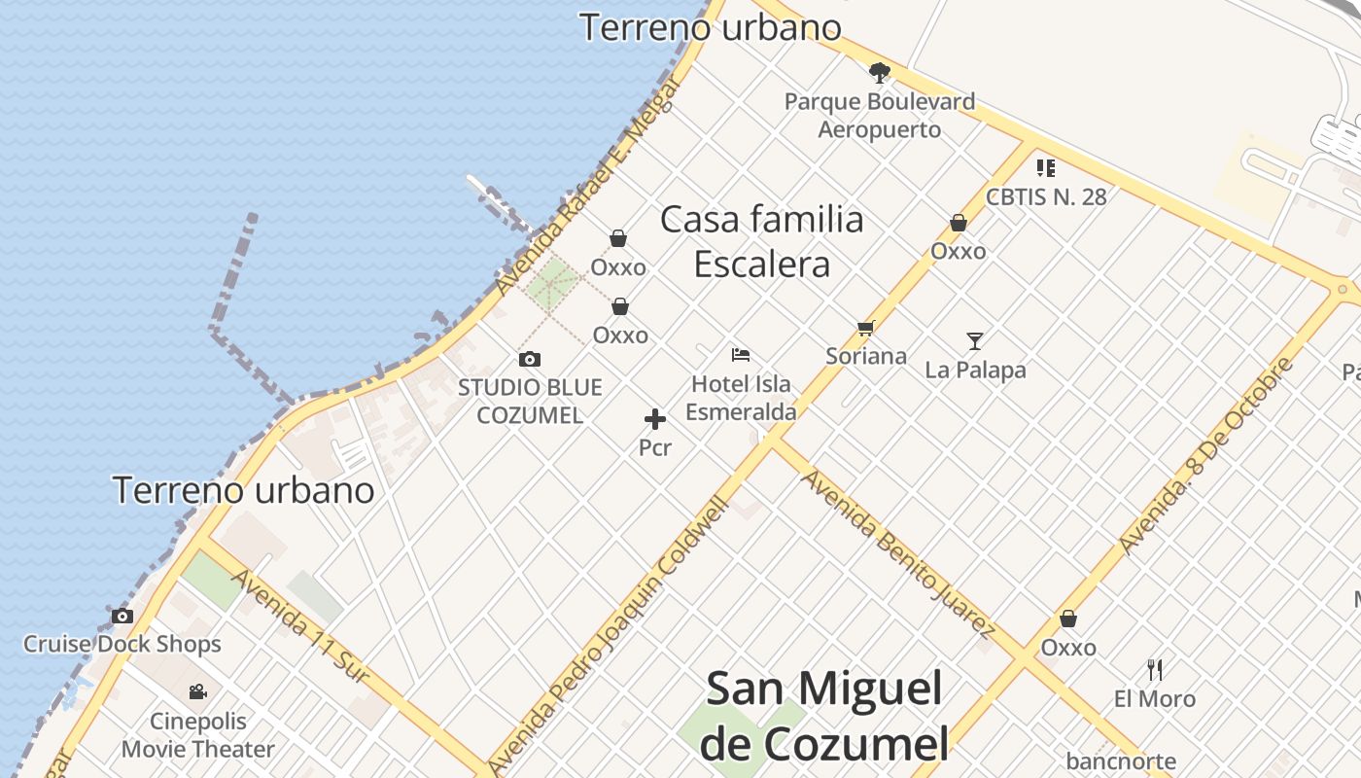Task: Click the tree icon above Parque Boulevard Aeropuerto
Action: click(x=880, y=72)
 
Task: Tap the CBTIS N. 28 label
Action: click(x=1046, y=196)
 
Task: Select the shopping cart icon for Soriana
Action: click(x=865, y=329)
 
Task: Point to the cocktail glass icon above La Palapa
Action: click(x=975, y=341)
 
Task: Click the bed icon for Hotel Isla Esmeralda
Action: click(x=741, y=355)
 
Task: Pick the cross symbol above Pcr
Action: click(x=655, y=419)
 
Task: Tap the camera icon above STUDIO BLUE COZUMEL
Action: click(x=530, y=359)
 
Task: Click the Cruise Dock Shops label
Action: click(x=122, y=644)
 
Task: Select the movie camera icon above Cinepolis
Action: click(x=198, y=691)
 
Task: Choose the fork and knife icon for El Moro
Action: click(x=1155, y=669)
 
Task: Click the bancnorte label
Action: click(x=1121, y=761)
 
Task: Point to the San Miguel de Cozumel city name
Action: click(x=823, y=716)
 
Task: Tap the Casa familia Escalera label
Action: click(x=762, y=241)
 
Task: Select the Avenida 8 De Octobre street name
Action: click(x=1207, y=455)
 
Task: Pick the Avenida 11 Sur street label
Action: click(x=299, y=624)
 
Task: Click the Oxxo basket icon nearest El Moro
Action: click(x=1068, y=619)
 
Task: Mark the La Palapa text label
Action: click(x=975, y=370)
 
